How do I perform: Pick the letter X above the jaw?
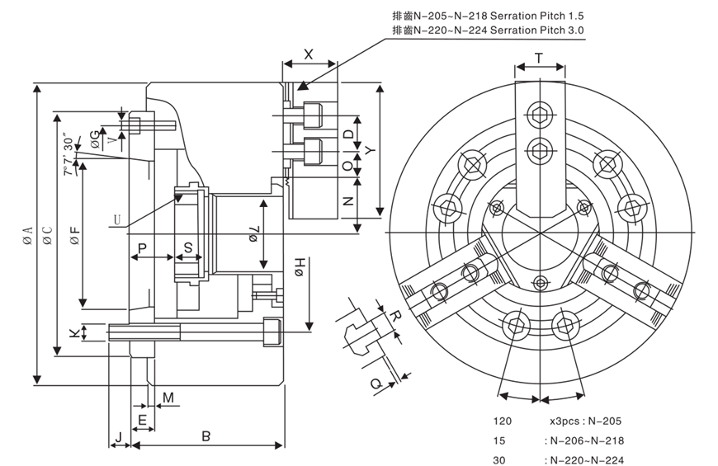tap(309, 54)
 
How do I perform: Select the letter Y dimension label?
tap(371, 150)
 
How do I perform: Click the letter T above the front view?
tap(539, 58)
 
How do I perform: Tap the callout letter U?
tap(119, 219)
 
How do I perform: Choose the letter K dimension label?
tap(74, 332)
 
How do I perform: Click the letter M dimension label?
tap(168, 398)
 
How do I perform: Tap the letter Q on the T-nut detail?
tap(374, 384)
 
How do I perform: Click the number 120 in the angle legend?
tap(503, 421)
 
